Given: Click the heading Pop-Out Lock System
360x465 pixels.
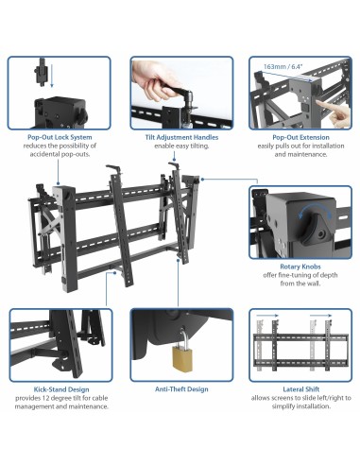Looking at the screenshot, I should pyautogui.click(x=60, y=136).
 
